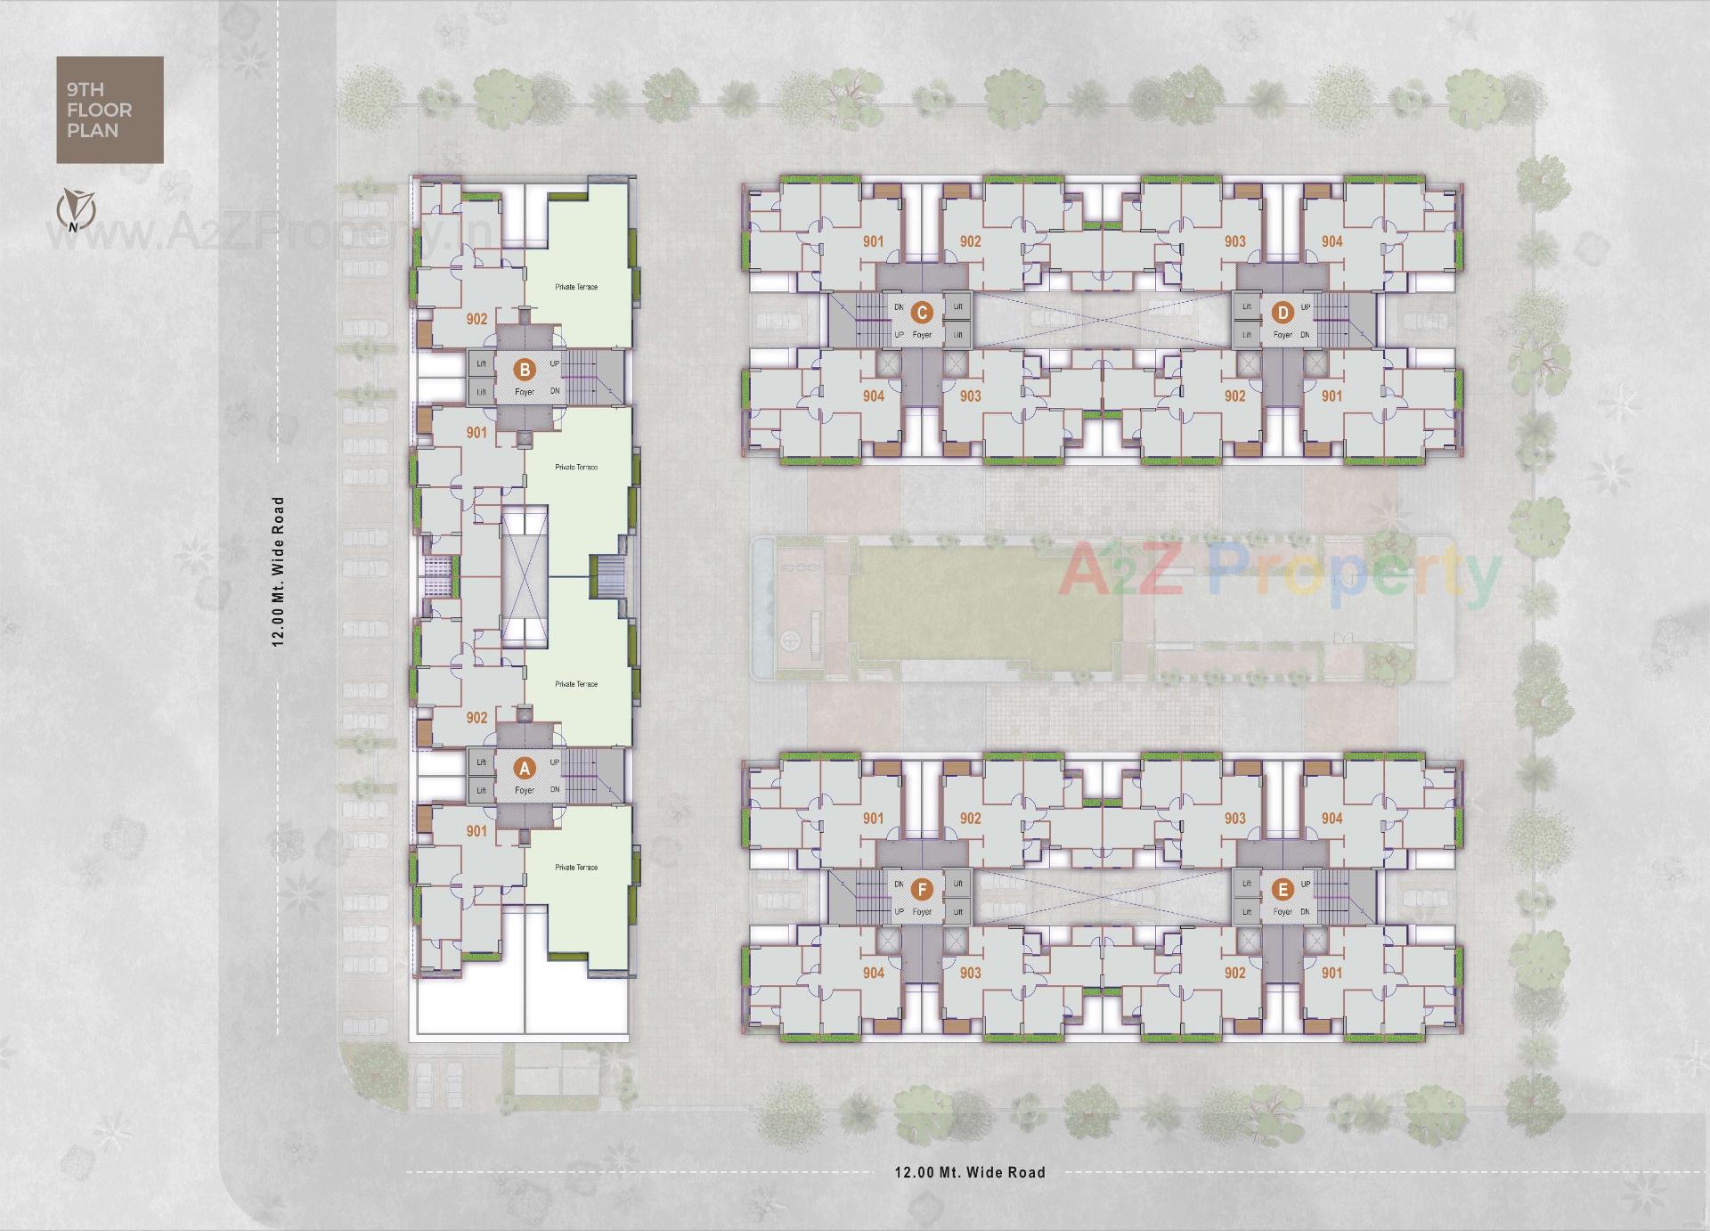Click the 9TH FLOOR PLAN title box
pos(110,110)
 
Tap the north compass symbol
pos(76,210)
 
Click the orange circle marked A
pos(525,768)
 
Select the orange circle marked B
pos(525,369)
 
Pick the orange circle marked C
pos(922,312)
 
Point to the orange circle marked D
pos(1282,312)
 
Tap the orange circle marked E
pos(1282,889)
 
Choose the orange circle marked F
pos(922,889)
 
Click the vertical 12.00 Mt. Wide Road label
pos(278,571)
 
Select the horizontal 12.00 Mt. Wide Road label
pos(970,1172)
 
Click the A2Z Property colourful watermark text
pos(1279,573)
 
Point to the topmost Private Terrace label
pos(576,287)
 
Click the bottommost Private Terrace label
pos(576,867)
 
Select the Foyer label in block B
pos(525,392)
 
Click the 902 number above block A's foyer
pos(476,717)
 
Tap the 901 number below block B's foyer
pos(476,432)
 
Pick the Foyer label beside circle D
pos(1282,335)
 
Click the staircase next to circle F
pos(867,898)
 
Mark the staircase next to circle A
pos(583,776)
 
